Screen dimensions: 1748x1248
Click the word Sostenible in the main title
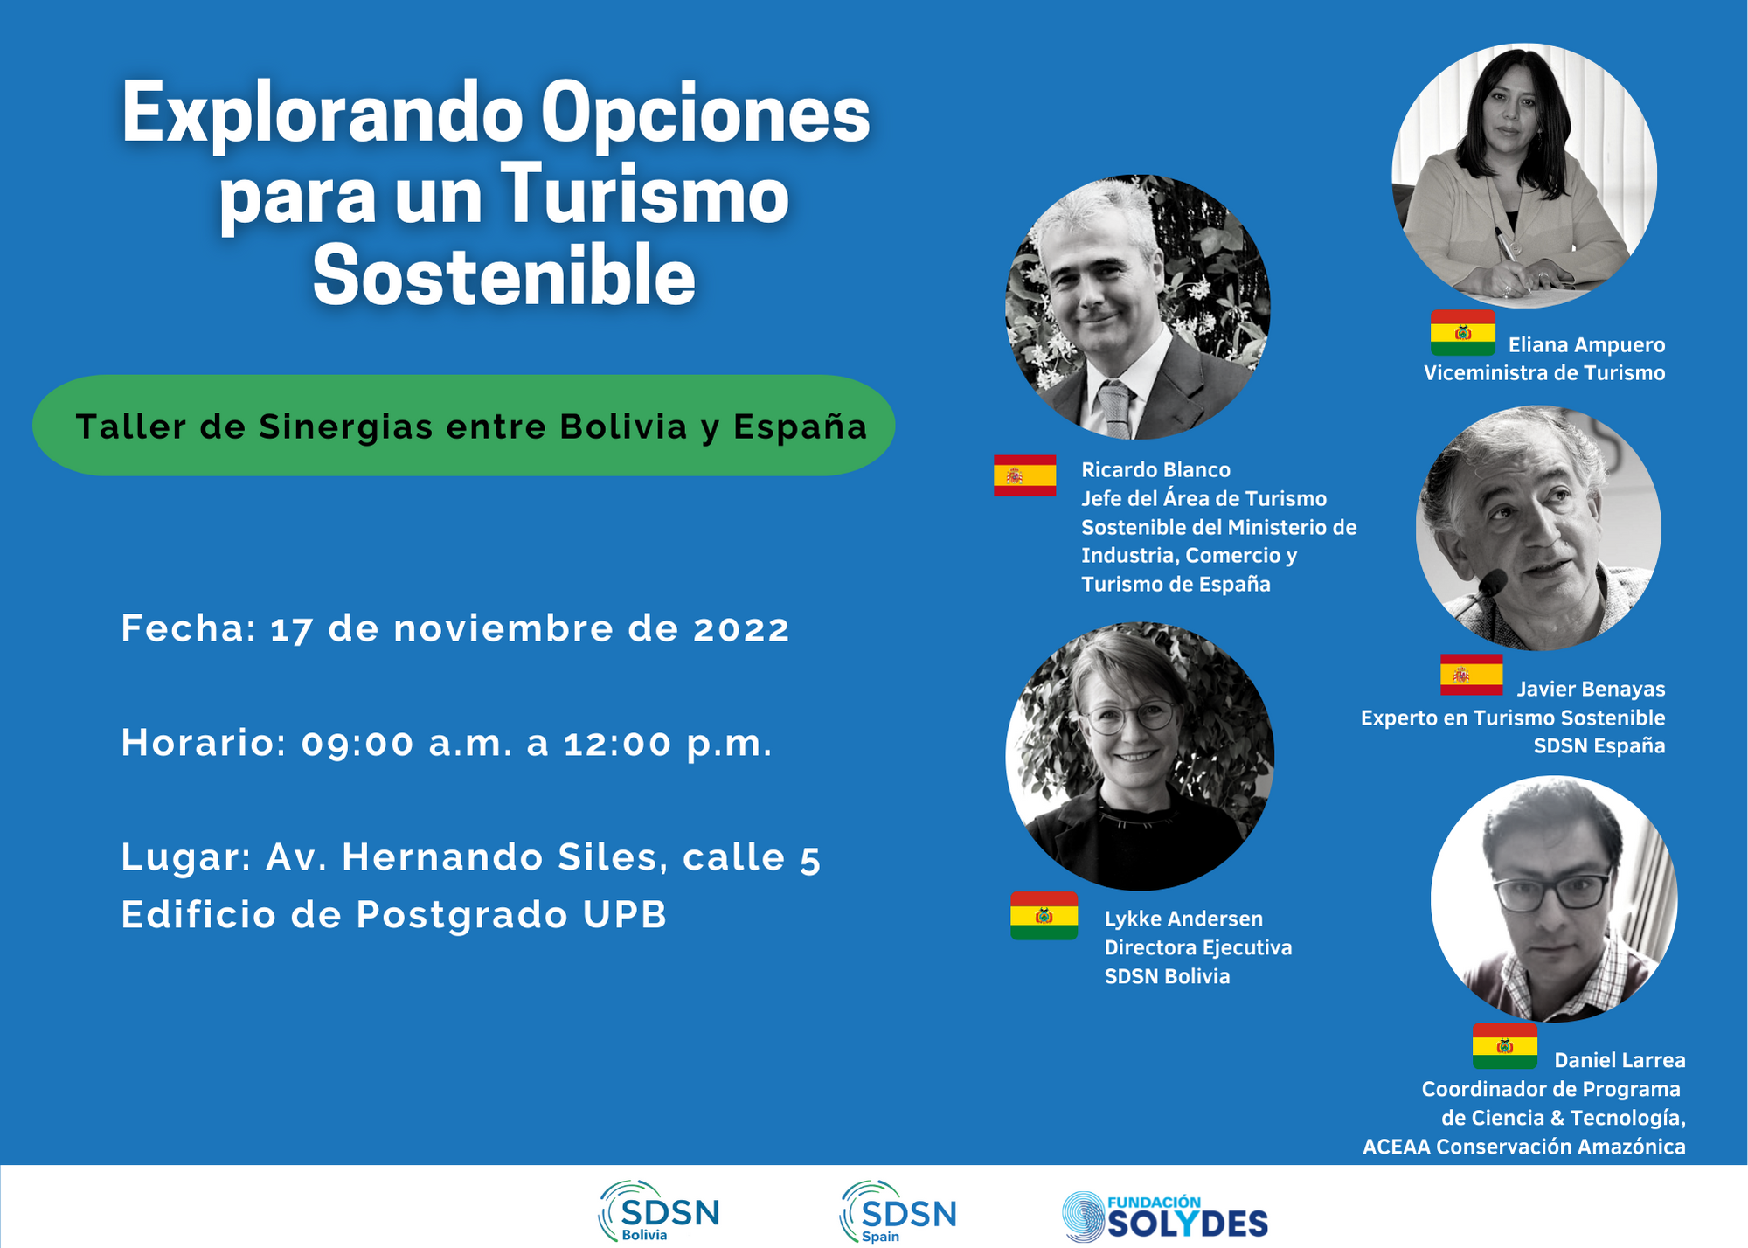point(504,275)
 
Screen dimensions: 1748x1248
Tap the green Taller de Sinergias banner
point(464,426)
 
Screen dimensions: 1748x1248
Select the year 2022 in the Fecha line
point(741,629)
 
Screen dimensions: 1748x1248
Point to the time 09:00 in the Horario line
point(357,744)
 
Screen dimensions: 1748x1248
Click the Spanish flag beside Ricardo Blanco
point(1024,475)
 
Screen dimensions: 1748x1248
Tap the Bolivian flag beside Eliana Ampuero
point(1463,333)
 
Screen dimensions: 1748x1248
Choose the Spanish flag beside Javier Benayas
point(1471,675)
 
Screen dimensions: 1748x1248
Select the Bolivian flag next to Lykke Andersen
point(1044,916)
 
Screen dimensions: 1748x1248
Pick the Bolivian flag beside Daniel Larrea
point(1505,1046)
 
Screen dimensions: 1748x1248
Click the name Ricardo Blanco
point(1155,469)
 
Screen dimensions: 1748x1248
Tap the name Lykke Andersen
point(1183,919)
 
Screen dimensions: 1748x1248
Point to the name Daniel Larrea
point(1620,1060)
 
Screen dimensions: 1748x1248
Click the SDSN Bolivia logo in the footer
point(659,1211)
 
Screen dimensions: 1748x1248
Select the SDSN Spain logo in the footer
point(898,1211)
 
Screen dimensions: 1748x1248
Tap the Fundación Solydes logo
point(1164,1217)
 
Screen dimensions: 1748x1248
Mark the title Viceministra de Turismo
point(1544,373)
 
